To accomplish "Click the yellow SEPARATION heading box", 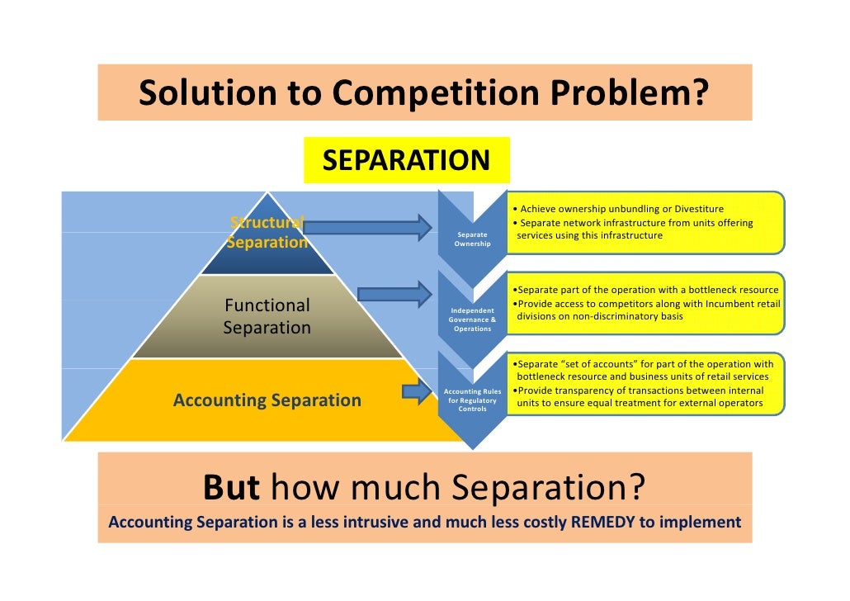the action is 406,159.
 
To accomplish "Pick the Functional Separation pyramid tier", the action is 267,316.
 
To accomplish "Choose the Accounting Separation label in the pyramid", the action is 267,400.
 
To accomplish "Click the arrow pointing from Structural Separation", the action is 367,227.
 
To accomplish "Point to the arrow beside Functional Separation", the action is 394,294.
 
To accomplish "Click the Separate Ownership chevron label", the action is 472,239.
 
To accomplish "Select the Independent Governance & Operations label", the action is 472,319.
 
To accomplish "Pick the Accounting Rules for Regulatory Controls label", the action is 472,400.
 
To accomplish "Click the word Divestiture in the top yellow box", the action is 698,209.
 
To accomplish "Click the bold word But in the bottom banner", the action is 231,489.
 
